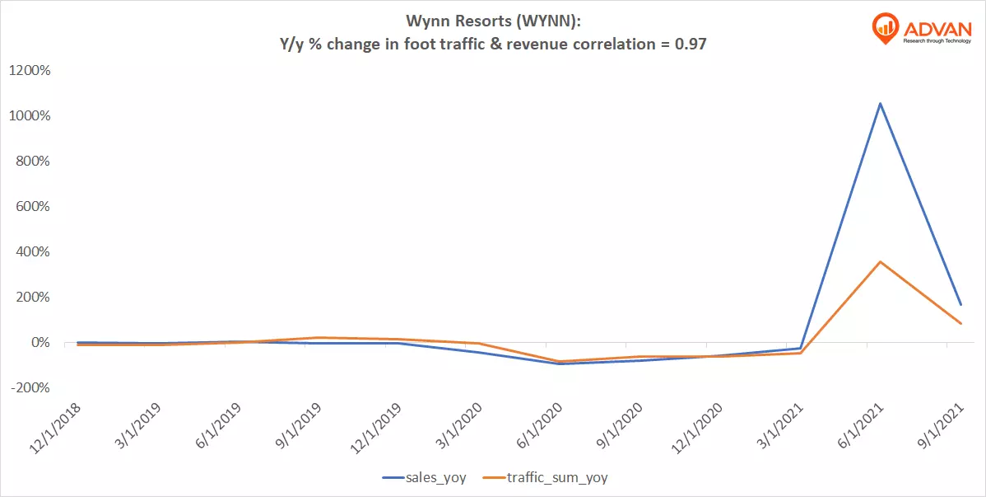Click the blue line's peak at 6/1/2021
point(881,103)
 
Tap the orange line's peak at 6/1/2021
point(881,262)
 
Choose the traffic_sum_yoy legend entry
point(555,476)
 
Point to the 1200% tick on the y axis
point(30,71)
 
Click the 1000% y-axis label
point(30,116)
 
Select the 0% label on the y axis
point(39,343)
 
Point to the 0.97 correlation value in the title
point(690,44)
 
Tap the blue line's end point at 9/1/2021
point(960,304)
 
